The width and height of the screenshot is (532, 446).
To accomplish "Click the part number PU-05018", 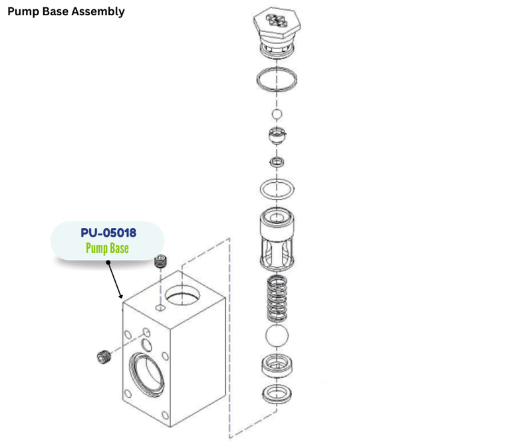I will coord(108,233).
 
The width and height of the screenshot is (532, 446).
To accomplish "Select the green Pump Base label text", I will coord(107,249).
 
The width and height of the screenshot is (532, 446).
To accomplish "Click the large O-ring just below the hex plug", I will coord(277,79).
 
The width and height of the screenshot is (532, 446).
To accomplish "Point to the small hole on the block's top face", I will coord(160,308).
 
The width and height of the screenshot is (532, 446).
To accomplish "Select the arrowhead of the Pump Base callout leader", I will coord(120,296).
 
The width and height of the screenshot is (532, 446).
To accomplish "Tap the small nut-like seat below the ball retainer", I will coord(277,162).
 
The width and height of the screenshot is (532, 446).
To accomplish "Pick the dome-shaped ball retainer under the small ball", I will coord(277,136).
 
